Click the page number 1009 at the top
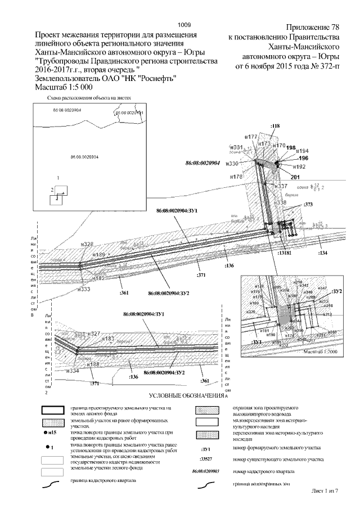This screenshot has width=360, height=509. click(x=184, y=25)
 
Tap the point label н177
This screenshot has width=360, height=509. click(x=250, y=137)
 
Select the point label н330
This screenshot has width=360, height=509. click(x=231, y=164)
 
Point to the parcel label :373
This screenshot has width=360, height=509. click(x=307, y=205)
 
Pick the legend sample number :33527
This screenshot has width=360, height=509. click(x=205, y=460)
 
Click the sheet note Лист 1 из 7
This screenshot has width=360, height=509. click(x=326, y=492)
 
